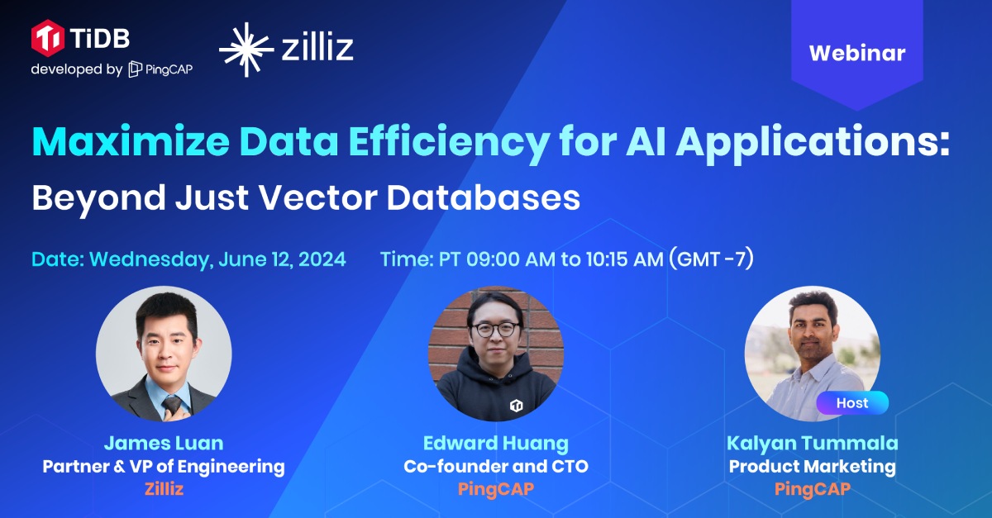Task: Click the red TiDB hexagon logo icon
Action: [48, 38]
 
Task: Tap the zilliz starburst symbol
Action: [246, 50]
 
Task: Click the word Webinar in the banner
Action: [857, 53]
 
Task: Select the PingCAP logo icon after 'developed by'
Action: [135, 69]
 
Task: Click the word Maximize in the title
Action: [131, 141]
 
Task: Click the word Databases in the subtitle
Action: [483, 197]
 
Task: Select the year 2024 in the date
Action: [322, 259]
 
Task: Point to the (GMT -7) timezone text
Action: [711, 259]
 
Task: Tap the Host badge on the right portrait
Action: [852, 403]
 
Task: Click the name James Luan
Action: [164, 443]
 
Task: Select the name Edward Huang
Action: [495, 444]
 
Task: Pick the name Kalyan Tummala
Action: [812, 444]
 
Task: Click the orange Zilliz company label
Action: [164, 489]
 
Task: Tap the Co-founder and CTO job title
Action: [495, 466]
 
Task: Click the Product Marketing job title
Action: [812, 467]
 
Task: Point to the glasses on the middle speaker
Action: [496, 329]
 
